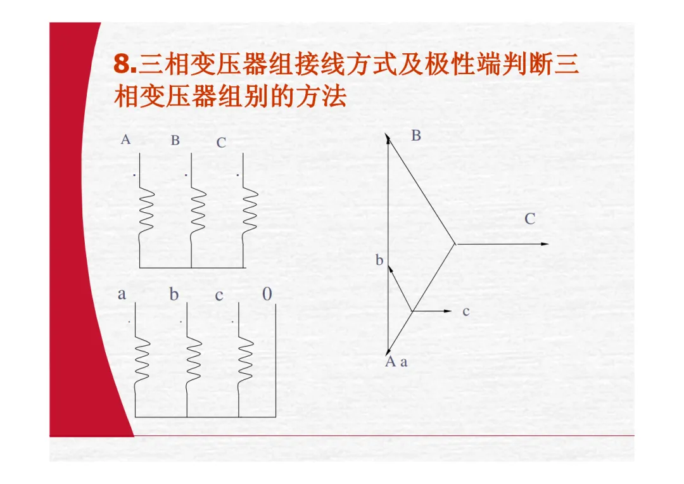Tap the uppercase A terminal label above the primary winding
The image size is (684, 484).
click(125, 140)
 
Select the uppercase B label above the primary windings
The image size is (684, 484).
click(175, 141)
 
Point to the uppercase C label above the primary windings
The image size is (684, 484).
click(221, 143)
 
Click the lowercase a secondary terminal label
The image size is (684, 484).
click(122, 295)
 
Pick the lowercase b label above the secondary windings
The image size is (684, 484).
click(174, 295)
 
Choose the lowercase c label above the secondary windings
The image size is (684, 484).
click(219, 296)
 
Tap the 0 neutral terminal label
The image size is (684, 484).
click(267, 295)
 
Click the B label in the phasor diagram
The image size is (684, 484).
click(416, 136)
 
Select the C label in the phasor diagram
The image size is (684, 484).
click(530, 220)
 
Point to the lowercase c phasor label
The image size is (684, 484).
click(466, 312)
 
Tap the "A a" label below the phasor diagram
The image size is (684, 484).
click(396, 362)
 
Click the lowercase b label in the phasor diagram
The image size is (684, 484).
click(379, 260)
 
